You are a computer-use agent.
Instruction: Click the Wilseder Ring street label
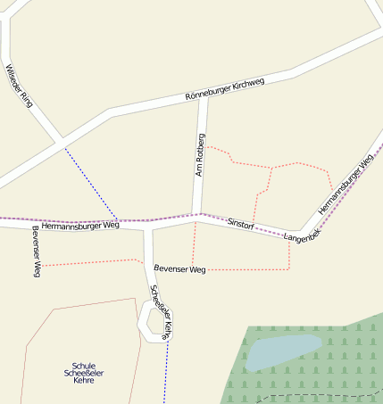(19, 86)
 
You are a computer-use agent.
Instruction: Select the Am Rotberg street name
(201, 154)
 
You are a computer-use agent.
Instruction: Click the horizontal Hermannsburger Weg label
(79, 226)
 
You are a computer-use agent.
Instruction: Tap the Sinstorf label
(241, 224)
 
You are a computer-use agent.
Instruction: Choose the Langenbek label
(302, 236)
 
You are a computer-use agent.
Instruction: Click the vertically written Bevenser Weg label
(37, 251)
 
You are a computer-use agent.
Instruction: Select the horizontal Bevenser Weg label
(179, 268)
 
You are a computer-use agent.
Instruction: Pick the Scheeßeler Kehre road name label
(160, 311)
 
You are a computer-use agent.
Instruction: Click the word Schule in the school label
(83, 366)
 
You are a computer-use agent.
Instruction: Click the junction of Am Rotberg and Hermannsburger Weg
(198, 215)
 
